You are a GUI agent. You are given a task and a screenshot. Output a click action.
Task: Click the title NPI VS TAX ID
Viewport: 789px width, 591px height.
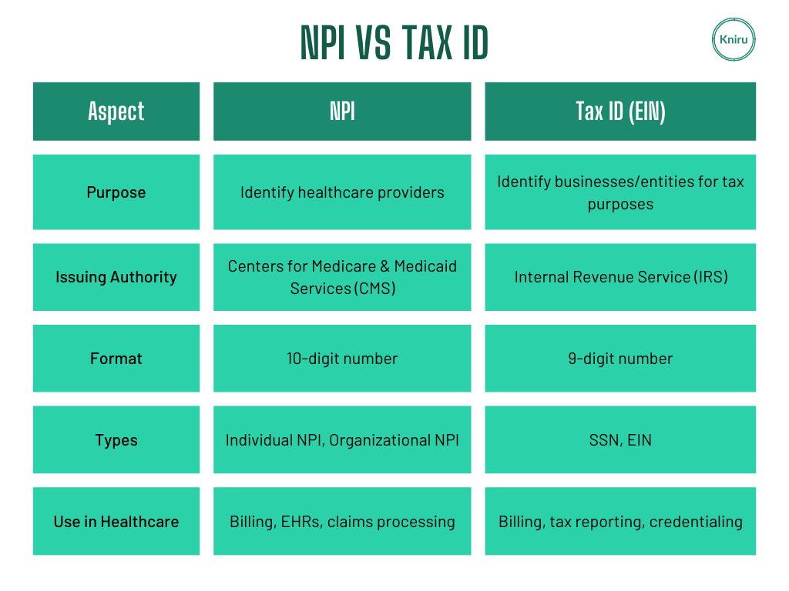(394, 43)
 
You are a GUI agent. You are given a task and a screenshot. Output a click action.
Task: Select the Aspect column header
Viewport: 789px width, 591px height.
(116, 112)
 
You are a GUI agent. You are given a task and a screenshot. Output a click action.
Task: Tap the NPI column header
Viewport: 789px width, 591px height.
(342, 112)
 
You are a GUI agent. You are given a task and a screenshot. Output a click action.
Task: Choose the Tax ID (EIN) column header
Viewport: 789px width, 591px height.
(620, 112)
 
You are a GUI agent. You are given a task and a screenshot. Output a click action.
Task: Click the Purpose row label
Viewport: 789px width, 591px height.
(116, 192)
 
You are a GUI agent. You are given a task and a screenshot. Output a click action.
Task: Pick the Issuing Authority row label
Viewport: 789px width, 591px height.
(116, 277)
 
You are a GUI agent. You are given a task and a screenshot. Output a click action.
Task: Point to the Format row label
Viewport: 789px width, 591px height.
(116, 359)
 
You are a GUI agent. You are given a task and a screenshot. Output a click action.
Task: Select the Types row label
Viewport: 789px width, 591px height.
(116, 439)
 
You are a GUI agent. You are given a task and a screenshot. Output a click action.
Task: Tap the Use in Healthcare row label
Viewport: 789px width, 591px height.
(116, 521)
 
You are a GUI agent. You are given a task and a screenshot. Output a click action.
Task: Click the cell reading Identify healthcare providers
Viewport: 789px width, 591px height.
(342, 192)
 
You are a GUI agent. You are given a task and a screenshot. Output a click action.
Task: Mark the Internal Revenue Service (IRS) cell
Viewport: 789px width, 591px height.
(620, 277)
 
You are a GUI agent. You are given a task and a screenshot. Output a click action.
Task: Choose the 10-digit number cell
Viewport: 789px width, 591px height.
(342, 359)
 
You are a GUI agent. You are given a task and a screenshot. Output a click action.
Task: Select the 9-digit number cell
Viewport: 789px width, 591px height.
(620, 359)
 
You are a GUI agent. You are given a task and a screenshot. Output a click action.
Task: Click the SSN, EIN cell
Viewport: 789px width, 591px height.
(620, 439)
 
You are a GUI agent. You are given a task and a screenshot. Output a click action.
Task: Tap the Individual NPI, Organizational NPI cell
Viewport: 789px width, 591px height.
(342, 439)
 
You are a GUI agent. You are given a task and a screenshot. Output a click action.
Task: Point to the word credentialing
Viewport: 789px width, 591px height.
(696, 523)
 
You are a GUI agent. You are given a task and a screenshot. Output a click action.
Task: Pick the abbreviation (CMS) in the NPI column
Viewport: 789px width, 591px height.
(375, 289)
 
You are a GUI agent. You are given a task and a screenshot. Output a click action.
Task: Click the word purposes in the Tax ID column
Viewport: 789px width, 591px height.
(620, 205)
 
